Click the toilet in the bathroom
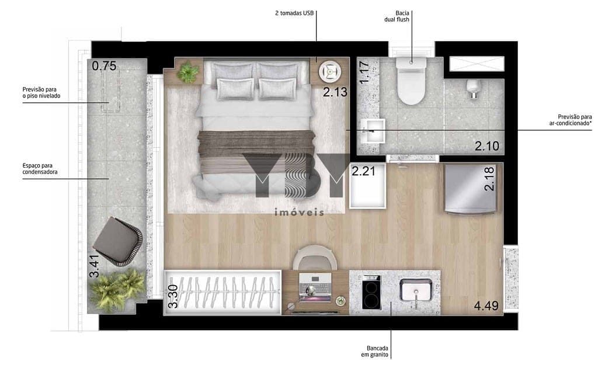point(411,81)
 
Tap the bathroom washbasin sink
point(373,130)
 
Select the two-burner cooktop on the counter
point(371,291)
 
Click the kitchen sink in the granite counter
point(416,290)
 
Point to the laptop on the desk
point(315,287)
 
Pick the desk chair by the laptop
point(315,257)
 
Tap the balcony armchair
point(117,240)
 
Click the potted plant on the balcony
point(117,289)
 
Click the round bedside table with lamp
point(329,71)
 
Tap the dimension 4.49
point(486,305)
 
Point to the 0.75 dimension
point(104,66)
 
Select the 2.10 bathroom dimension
point(487,145)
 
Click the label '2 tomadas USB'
point(294,13)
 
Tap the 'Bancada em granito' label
point(374,351)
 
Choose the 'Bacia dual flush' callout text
point(397,16)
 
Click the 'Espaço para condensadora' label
point(40,169)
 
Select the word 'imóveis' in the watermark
point(300,212)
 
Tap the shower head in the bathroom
point(472,88)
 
